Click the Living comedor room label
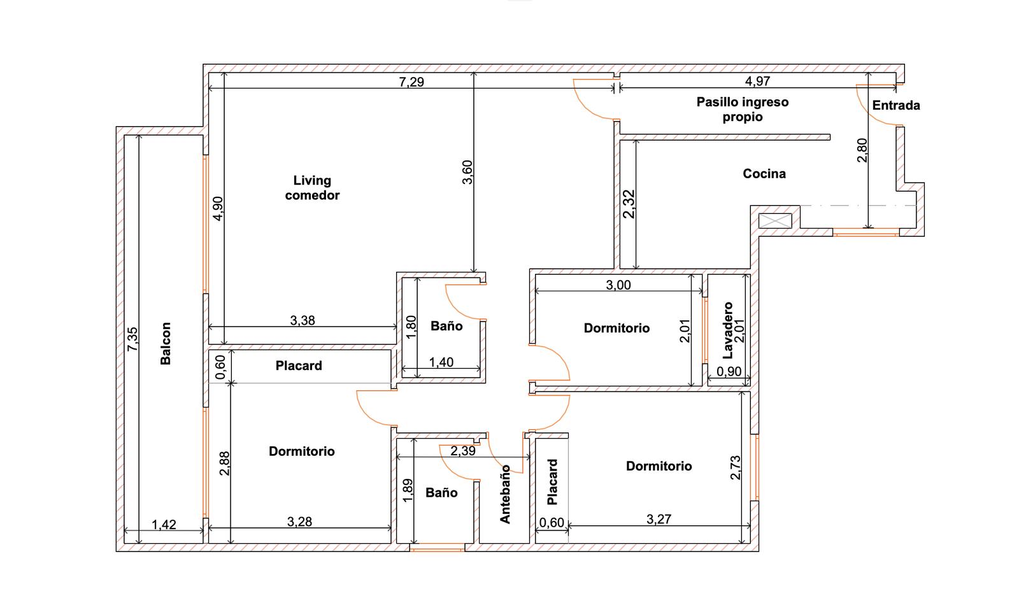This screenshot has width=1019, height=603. point(312,188)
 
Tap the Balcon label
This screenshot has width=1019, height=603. point(166,343)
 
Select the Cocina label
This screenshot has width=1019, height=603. point(764,173)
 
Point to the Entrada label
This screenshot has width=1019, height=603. point(895,105)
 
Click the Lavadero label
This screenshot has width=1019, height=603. point(728,330)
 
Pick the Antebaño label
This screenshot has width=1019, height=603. point(506,494)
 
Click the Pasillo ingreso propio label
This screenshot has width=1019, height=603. point(743,109)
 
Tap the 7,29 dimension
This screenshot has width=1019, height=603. point(411,82)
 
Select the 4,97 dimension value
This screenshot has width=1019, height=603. point(757,81)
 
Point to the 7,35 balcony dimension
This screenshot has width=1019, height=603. point(132,339)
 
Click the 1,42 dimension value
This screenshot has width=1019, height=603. point(163,524)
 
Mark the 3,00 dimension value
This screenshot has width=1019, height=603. point(618,285)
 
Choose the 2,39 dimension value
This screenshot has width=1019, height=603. point(462,451)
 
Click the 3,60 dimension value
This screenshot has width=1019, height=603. point(467,172)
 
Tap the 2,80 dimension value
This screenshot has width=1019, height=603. point(862,150)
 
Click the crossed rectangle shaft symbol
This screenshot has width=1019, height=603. point(775,221)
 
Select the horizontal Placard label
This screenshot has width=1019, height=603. point(299,365)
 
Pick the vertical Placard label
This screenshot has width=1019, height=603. point(552,481)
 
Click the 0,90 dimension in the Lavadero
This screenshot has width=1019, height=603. point(729,371)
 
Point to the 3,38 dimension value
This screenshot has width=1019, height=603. point(303,320)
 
